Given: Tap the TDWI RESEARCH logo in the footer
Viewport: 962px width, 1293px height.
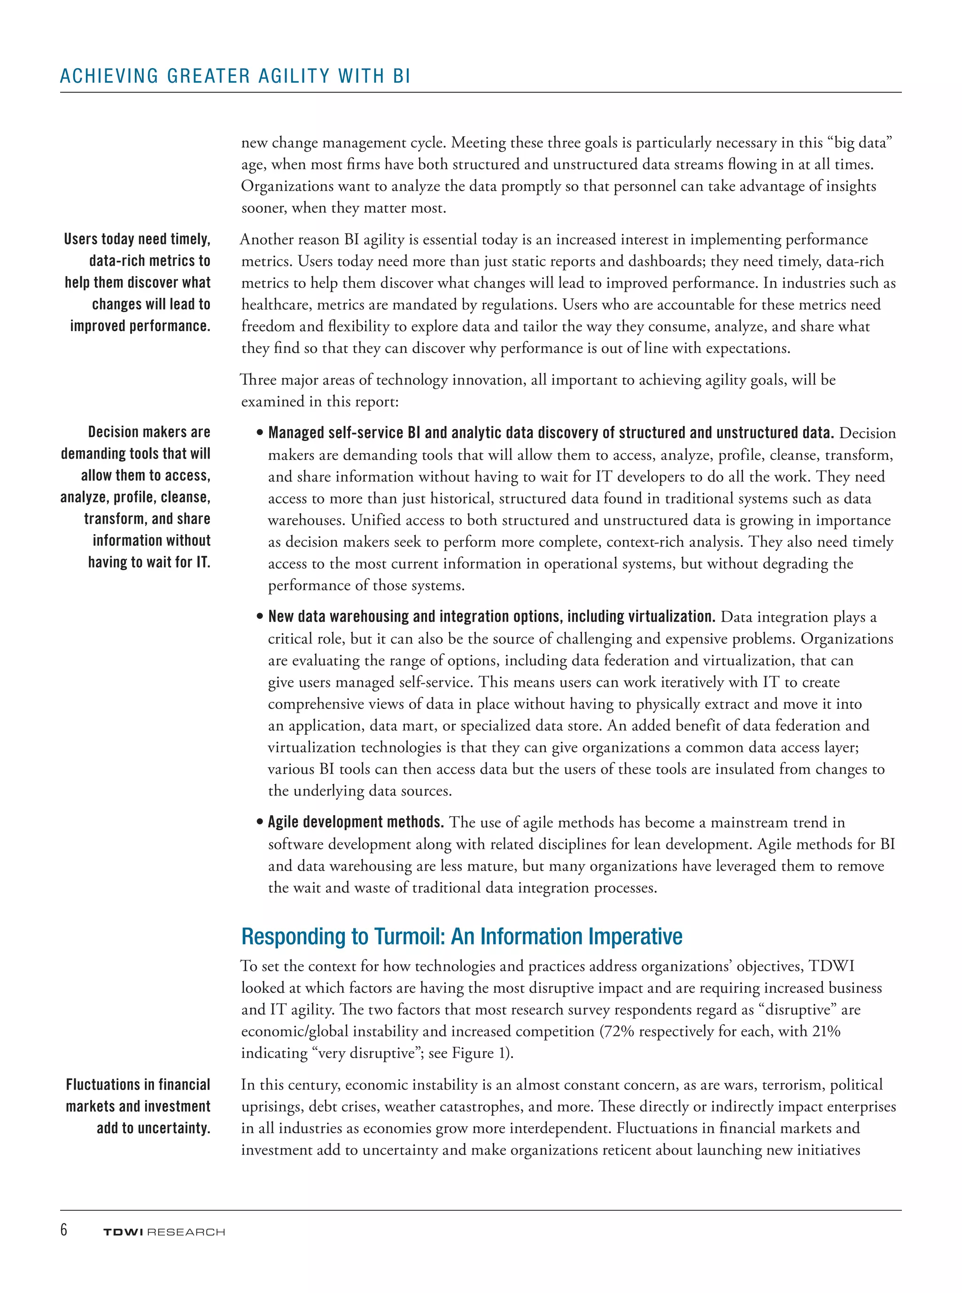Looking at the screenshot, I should (x=163, y=1232).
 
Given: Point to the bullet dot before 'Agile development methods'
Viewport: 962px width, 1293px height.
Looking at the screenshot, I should (x=260, y=822).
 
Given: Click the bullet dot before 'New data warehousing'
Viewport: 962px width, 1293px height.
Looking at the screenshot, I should (x=260, y=617).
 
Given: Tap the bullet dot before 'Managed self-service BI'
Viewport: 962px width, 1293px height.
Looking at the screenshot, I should (x=260, y=433).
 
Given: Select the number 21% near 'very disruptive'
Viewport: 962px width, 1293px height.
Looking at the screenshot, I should (x=826, y=1031).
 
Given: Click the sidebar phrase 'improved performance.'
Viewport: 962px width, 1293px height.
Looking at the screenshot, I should (x=140, y=326).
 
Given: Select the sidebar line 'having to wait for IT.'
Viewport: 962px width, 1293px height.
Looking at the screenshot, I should (x=149, y=562).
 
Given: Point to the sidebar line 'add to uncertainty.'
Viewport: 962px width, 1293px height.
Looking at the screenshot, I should (x=153, y=1128).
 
